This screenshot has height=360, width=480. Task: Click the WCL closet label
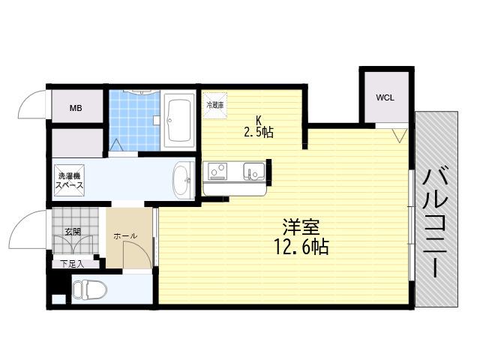[385, 97]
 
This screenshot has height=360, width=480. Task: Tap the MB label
[76, 108]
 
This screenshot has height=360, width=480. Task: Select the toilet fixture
[90, 289]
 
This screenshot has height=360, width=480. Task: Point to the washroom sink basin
[183, 180]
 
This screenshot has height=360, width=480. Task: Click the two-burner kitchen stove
[218, 171]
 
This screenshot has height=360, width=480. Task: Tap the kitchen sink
[254, 171]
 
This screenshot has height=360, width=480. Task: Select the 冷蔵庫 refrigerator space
[215, 105]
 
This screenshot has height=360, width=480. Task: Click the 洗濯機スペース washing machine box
[70, 180]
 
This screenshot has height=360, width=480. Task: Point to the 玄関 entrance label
[73, 232]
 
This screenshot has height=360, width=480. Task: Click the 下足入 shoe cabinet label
[72, 264]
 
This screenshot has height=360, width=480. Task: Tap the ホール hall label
[125, 236]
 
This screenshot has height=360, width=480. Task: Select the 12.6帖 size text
[301, 247]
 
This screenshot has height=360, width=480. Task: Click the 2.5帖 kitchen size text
[258, 132]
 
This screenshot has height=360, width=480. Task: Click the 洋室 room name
[301, 226]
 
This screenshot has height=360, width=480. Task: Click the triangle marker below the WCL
[400, 135]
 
